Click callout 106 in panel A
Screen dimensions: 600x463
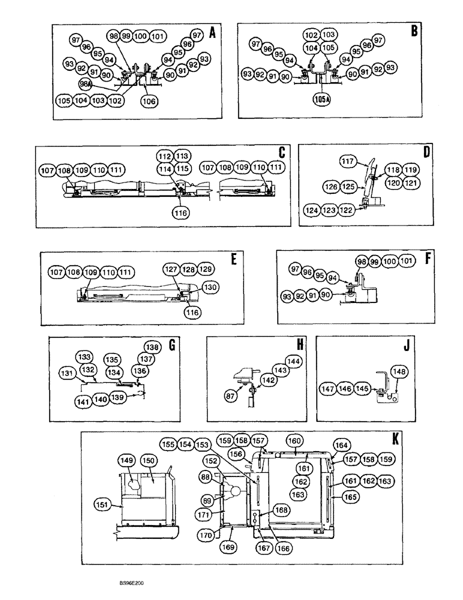[150, 101]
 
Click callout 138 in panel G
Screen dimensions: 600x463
[151, 347]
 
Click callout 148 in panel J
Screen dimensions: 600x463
[400, 373]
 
